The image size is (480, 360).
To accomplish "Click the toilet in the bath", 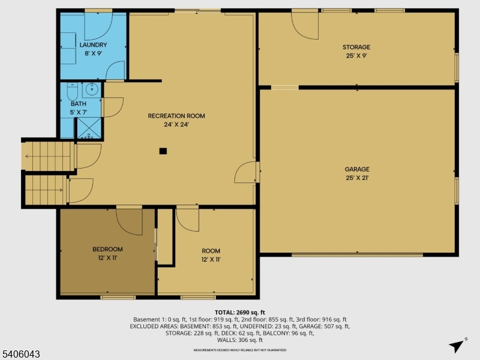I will click(72, 91).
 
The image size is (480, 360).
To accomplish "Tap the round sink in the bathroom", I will click(92, 91).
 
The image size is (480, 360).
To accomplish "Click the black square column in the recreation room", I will click(163, 151).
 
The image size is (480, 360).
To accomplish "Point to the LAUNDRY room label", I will click(93, 45).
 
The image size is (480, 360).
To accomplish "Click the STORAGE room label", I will click(356, 47).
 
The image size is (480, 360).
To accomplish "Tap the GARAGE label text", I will click(357, 169).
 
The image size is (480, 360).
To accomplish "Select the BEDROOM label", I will click(107, 250).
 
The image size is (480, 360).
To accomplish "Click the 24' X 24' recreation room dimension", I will click(176, 125).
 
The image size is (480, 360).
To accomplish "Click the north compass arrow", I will click(458, 345).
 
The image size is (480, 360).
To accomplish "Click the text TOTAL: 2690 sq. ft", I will click(239, 313).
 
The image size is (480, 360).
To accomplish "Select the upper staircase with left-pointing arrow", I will click(48, 156).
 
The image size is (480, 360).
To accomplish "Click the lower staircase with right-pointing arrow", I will click(46, 190).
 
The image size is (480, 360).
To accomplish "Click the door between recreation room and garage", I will click(246, 172).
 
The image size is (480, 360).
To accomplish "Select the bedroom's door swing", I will click(129, 221).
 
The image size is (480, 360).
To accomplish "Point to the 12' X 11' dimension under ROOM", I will click(211, 260).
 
